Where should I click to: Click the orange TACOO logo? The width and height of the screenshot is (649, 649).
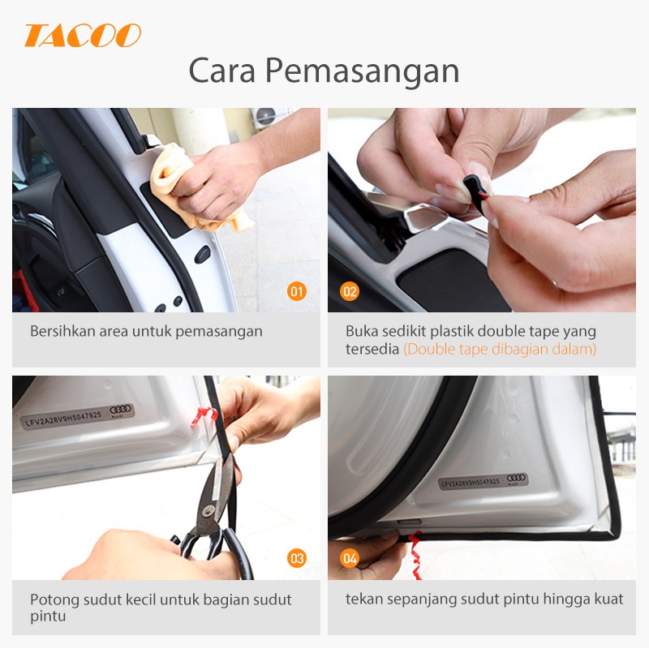pos(83,35)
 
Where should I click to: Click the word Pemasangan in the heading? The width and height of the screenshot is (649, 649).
pos(362,71)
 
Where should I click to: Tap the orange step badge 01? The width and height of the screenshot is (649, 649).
pos(297,291)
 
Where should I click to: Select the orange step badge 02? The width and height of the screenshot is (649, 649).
pos(350,291)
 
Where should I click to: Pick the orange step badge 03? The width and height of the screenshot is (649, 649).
pos(297,558)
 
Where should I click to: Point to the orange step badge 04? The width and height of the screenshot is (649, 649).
pos(350,558)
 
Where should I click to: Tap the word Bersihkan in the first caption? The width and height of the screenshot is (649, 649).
pos(62,331)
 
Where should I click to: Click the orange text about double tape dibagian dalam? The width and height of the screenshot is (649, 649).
pos(500,350)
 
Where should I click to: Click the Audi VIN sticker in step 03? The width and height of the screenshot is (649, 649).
pos(77,416)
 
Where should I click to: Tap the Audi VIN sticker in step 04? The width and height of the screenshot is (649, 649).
pos(483,481)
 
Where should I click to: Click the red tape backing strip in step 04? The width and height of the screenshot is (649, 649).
pos(415,555)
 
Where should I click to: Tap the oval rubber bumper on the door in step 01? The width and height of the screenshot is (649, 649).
pos(202,255)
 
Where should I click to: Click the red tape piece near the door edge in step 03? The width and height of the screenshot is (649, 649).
pos(204,415)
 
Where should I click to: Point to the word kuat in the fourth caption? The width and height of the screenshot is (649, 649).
pos(609,599)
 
